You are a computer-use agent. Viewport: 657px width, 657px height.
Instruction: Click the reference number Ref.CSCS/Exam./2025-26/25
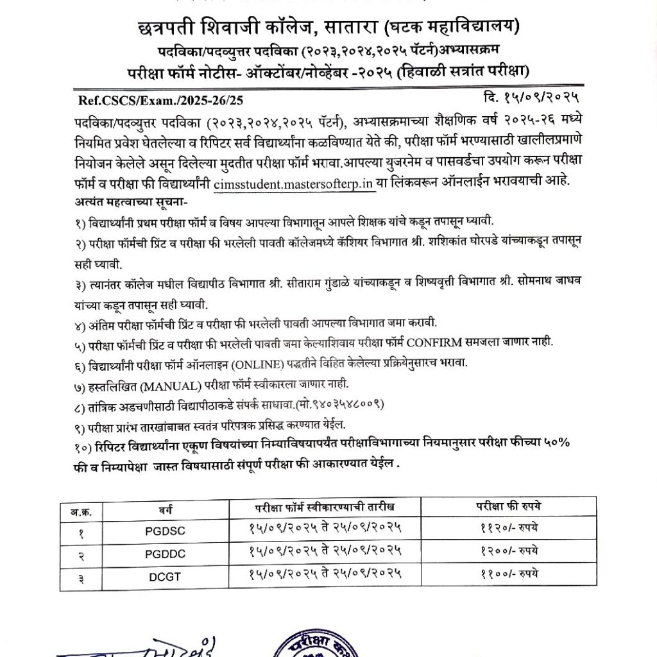tap(161, 101)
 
